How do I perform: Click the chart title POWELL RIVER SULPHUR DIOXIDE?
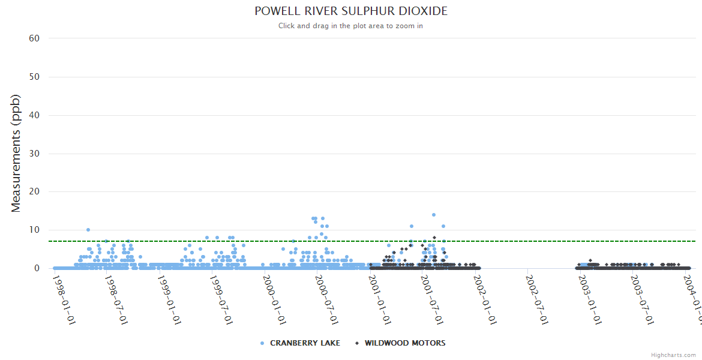351,11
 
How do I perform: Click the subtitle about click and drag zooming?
351,26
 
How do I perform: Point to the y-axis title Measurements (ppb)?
16,154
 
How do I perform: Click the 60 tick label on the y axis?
34,38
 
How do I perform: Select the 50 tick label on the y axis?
34,77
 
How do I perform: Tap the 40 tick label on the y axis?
34,115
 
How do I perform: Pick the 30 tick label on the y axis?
34,154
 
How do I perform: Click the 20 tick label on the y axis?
34,192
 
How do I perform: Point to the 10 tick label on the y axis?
34,230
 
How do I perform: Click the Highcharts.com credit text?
673,355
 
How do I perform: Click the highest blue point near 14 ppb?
434,215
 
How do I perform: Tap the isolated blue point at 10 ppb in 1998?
88,230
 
